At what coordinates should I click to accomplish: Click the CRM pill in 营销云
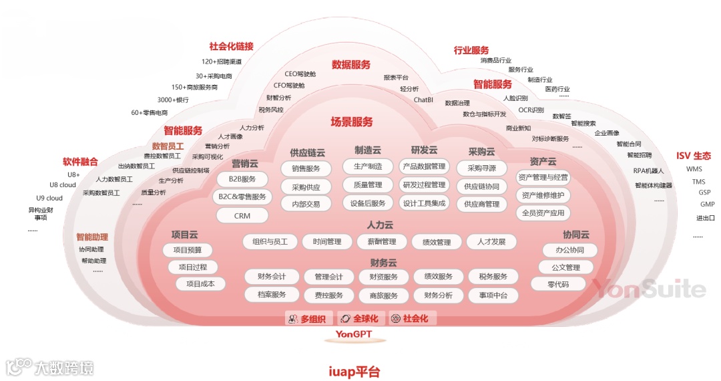pyautogui.click(x=242, y=216)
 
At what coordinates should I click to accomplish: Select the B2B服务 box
pyautogui.click(x=242, y=179)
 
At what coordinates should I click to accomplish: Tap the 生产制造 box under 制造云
pyautogui.click(x=368, y=166)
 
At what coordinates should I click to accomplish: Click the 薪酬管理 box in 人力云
pyautogui.click(x=377, y=241)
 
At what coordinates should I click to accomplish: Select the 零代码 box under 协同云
pyautogui.click(x=558, y=284)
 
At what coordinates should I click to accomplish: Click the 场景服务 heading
pyautogui.click(x=352, y=122)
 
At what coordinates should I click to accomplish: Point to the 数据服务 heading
pyautogui.click(x=351, y=65)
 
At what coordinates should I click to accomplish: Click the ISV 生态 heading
pyautogui.click(x=694, y=156)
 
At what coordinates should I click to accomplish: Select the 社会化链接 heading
pyautogui.click(x=232, y=46)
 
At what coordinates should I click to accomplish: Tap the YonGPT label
pyautogui.click(x=354, y=334)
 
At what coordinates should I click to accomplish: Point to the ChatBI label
pyautogui.click(x=423, y=100)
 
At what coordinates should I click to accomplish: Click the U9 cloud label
pyautogui.click(x=49, y=198)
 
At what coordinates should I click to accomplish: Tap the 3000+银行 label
pyautogui.click(x=173, y=100)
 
